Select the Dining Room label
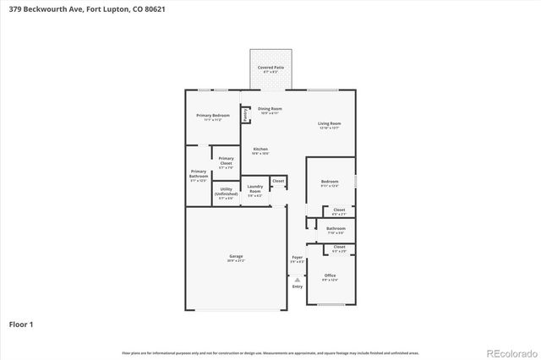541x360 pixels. click(270, 109)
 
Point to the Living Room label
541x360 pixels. click(329, 123)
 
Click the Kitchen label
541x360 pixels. click(260, 150)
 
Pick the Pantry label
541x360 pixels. click(246, 114)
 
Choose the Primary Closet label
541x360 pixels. click(226, 161)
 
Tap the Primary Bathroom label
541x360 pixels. click(198, 175)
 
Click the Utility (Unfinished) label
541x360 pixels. click(226, 192)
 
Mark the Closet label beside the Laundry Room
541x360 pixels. click(278, 180)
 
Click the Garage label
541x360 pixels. click(235, 257)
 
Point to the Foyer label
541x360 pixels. click(298, 257)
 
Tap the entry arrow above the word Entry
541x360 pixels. click(298, 277)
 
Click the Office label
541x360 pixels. click(331, 275)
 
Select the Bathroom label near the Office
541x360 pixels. click(336, 228)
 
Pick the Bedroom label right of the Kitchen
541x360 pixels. click(330, 183)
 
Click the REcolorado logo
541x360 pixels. click(509, 352)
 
